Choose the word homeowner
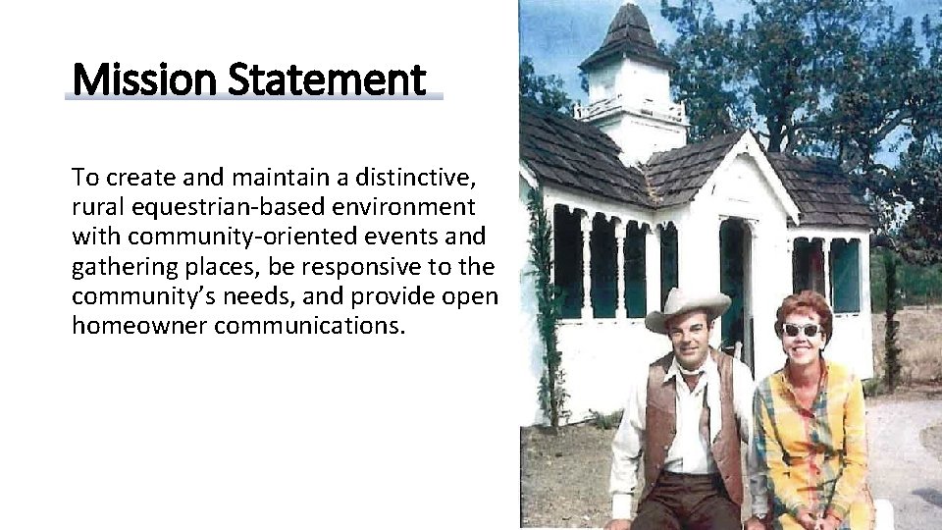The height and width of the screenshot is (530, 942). tap(139, 326)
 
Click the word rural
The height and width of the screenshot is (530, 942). tap(95, 207)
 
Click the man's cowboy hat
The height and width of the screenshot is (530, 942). tap(686, 306)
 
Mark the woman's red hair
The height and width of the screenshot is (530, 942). tap(804, 305)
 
